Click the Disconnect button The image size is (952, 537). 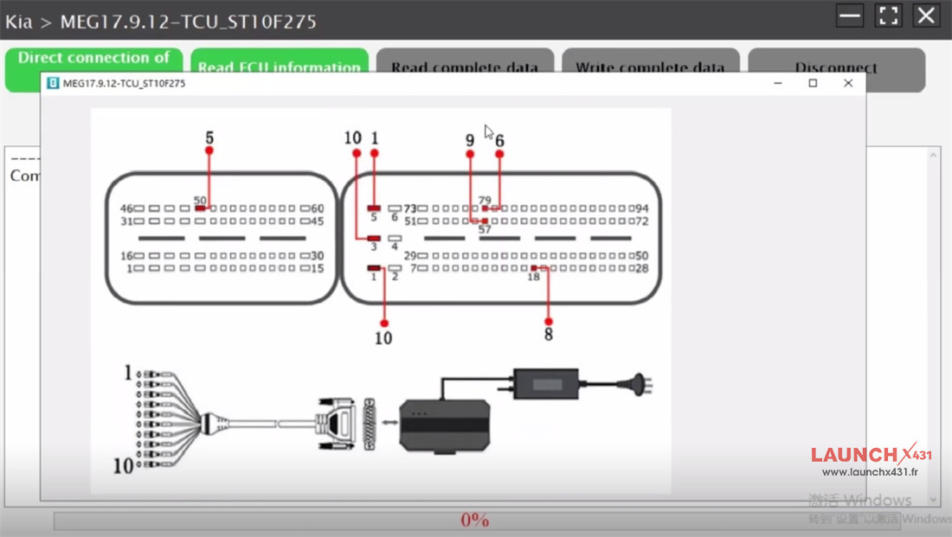pyautogui.click(x=836, y=67)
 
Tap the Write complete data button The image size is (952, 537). pyautogui.click(x=650, y=67)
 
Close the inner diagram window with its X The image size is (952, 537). pyautogui.click(x=848, y=83)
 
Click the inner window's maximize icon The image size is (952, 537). pyautogui.click(x=813, y=83)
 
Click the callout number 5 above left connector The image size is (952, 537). pyautogui.click(x=209, y=137)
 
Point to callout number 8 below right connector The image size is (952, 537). pyautogui.click(x=549, y=335)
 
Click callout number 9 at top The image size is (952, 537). pyautogui.click(x=470, y=140)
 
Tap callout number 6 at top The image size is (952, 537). pyautogui.click(x=499, y=140)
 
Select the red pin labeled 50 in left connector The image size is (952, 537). pyautogui.click(x=201, y=208)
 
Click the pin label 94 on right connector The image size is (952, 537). pyautogui.click(x=641, y=208)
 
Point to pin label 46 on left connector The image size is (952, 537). pyautogui.click(x=125, y=208)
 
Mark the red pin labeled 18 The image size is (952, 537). pyautogui.click(x=534, y=268)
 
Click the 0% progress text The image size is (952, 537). pyautogui.click(x=474, y=520)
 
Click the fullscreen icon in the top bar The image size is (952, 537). pyautogui.click(x=889, y=16)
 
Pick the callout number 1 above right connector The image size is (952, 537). pyautogui.click(x=375, y=138)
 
